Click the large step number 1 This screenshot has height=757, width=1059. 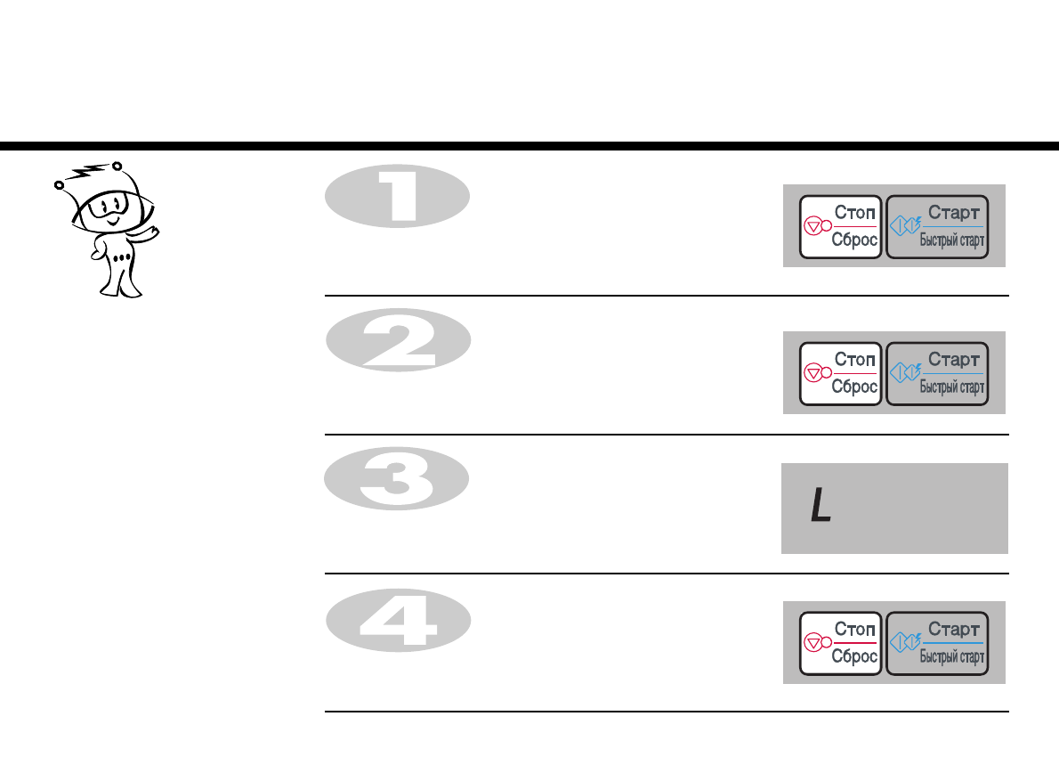(x=398, y=198)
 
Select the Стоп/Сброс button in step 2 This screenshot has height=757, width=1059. (x=840, y=373)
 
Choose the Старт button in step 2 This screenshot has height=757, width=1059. (x=938, y=373)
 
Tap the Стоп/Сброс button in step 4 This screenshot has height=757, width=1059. (x=840, y=643)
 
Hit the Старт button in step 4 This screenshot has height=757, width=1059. (x=938, y=643)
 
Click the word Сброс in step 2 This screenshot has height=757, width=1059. (x=854, y=387)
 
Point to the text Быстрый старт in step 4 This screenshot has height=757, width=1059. (x=951, y=658)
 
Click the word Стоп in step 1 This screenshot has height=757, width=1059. (x=855, y=213)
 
